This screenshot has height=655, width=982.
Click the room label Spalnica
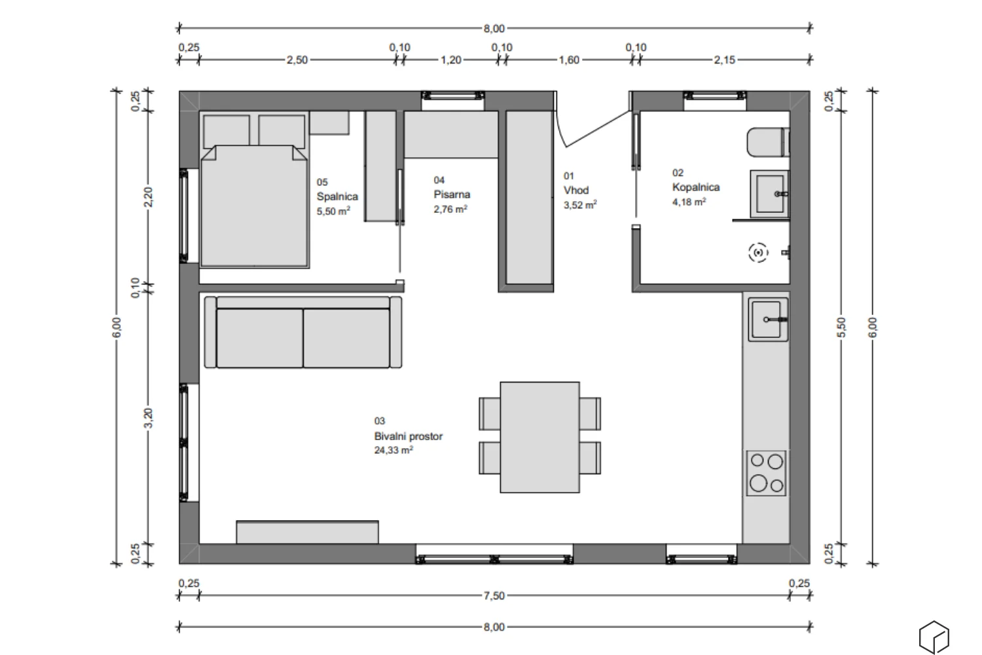click(337, 196)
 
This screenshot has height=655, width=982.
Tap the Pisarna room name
click(452, 195)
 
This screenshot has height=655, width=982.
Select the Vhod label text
click(575, 191)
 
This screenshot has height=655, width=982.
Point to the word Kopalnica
click(696, 187)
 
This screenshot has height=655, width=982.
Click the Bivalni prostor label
click(408, 436)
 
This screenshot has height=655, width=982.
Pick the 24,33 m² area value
click(393, 450)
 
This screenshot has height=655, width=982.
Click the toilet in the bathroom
click(768, 142)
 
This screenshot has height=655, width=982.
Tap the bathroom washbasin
click(769, 194)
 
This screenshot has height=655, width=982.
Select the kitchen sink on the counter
click(768, 320)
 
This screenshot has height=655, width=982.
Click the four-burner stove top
click(767, 473)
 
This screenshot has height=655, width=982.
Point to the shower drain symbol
click(758, 253)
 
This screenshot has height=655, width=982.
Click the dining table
click(539, 437)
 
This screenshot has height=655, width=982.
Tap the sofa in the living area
click(303, 332)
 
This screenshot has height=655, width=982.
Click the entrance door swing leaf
click(598, 128)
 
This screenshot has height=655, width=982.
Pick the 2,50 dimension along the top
click(297, 60)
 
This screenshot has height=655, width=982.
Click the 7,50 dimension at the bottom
click(494, 596)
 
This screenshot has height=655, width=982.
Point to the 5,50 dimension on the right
click(841, 327)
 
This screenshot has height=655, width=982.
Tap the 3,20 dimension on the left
click(149, 418)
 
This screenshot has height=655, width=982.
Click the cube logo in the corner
click(934, 637)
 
